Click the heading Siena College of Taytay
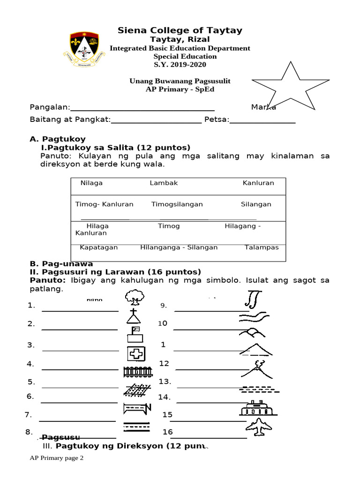tap(180, 30)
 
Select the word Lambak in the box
tap(164, 183)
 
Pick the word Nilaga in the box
tap(91, 183)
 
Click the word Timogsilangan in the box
tap(177, 204)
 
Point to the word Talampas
tap(262, 247)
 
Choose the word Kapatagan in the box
tap(98, 247)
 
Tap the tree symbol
tap(135, 298)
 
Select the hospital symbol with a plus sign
tap(136, 353)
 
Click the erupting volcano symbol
tap(258, 369)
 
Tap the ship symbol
tap(258, 408)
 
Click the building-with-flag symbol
tap(135, 335)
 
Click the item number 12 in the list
tap(164, 363)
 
